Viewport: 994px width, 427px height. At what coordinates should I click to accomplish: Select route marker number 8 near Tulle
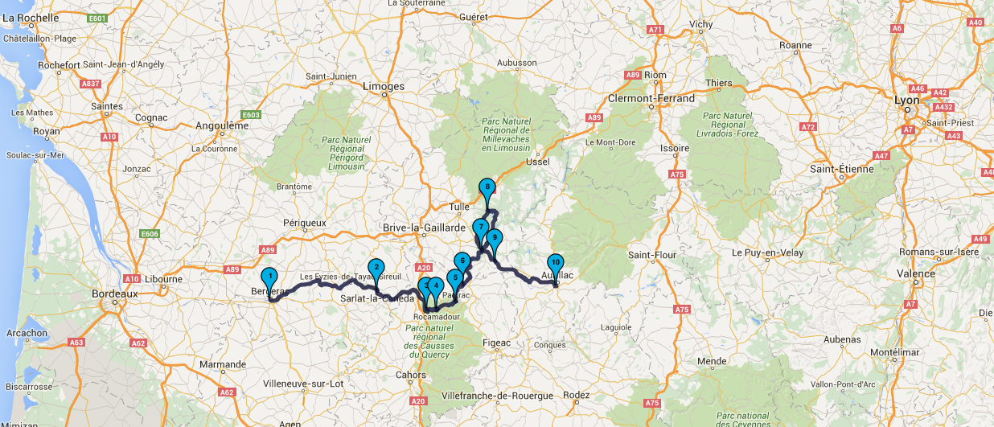(487, 189)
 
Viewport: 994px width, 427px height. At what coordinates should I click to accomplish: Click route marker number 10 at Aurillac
(555, 263)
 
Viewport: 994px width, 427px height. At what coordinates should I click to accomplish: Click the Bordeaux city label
(116, 294)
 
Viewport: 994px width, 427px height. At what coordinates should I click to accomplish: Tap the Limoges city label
(384, 86)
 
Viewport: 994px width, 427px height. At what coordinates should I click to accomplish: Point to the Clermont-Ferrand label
(651, 98)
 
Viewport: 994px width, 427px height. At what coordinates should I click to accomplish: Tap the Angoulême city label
(222, 125)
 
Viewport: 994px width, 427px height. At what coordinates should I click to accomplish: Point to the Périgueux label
(305, 222)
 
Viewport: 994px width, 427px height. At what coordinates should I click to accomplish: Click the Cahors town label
(410, 375)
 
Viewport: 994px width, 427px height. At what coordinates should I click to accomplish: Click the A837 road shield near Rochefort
(91, 84)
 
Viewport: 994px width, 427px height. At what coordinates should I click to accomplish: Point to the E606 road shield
(150, 234)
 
